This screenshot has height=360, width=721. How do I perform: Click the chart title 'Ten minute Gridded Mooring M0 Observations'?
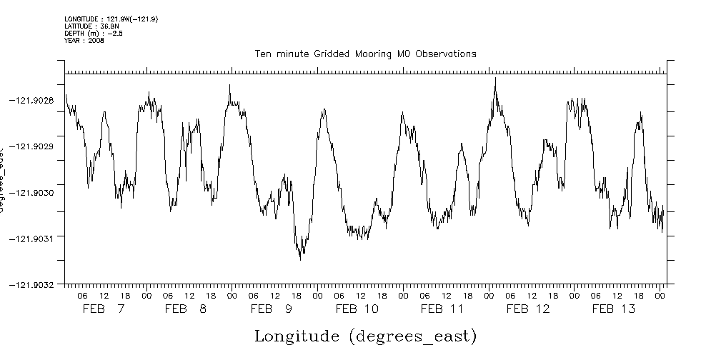tap(366, 54)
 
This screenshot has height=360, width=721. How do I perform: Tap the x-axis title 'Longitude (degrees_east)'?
tap(365, 336)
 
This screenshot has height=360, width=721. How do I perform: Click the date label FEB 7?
tap(104, 309)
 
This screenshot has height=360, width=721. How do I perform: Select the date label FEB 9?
tap(272, 309)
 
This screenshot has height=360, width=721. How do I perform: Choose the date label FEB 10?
tap(357, 309)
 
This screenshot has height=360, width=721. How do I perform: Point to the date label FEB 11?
tap(442, 309)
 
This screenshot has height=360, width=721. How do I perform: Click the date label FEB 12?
tap(528, 309)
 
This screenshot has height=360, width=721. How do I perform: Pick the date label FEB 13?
tap(613, 309)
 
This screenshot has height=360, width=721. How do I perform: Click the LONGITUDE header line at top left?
tap(111, 19)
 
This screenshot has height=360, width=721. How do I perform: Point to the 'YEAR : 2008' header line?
tap(84, 41)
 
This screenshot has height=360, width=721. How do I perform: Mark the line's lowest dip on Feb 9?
tap(300, 259)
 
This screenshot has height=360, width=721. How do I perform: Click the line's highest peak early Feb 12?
tap(495, 78)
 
